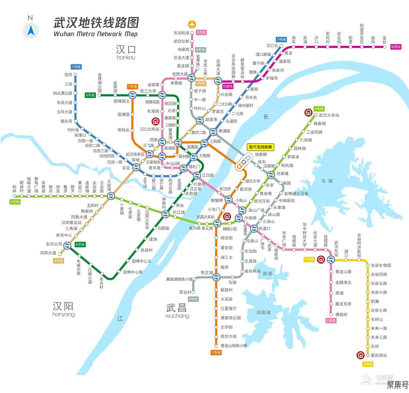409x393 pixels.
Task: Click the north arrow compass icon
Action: click(31, 30)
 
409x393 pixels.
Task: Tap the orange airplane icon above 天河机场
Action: click(192, 24)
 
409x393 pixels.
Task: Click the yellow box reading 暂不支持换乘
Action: click(260, 147)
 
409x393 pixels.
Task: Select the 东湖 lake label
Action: click(327, 181)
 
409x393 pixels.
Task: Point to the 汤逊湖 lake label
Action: click(263, 312)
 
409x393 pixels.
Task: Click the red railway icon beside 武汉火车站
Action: click(308, 112)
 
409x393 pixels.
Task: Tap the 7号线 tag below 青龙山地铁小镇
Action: click(216, 353)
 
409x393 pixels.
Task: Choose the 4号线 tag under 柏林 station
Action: click(15, 202)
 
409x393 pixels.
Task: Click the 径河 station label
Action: click(68, 75)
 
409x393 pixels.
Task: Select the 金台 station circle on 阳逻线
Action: click(384, 47)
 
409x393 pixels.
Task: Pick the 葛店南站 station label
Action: click(379, 355)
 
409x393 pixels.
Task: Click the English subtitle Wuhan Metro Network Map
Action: click(96, 34)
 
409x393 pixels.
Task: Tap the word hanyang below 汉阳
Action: click(64, 314)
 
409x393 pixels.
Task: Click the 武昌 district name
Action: click(176, 308)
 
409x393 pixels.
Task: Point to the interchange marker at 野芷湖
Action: click(216, 277)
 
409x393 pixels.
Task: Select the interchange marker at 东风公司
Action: click(67, 246)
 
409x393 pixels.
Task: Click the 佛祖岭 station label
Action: click(341, 315)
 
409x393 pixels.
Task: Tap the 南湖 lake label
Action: click(267, 273)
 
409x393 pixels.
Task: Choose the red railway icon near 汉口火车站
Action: click(156, 121)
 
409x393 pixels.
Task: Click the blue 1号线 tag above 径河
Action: click(76, 67)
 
